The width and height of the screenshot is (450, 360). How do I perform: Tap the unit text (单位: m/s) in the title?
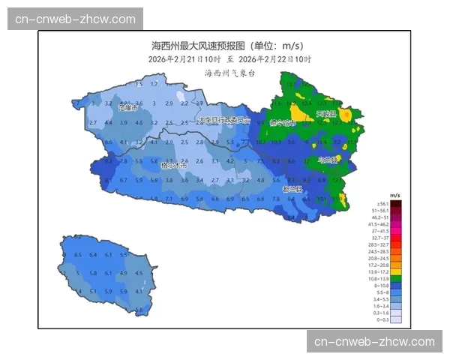tap(275, 46)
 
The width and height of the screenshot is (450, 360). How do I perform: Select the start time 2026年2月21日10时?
tap(184, 59)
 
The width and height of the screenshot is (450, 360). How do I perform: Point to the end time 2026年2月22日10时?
tap(275, 59)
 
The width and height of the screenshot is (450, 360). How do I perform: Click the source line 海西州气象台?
tap(229, 73)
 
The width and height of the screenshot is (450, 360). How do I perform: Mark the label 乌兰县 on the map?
tap(328, 159)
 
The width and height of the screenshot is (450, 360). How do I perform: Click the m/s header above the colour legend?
tap(394, 194)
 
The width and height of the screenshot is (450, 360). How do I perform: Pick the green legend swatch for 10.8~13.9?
tap(395, 279)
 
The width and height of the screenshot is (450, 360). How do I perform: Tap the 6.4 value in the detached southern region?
tap(94, 255)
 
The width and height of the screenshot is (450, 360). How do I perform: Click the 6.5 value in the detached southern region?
tap(78, 255)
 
